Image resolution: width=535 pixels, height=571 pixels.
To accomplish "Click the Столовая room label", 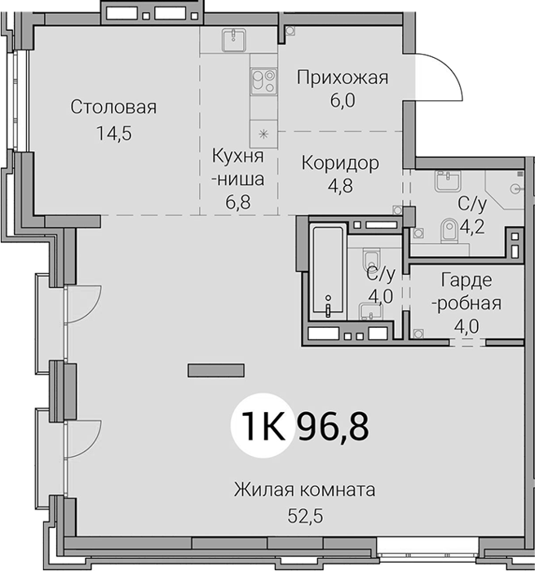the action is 113,107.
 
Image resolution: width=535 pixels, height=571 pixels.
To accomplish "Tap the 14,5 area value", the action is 114,134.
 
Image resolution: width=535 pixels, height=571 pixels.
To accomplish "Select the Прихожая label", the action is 343,78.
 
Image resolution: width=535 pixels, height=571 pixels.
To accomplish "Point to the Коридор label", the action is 340,163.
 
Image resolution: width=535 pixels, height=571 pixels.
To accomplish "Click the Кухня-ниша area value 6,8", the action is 238,202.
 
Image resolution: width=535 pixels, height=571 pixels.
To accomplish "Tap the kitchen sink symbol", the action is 233,40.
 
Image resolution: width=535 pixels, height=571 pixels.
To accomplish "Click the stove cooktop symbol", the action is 263,81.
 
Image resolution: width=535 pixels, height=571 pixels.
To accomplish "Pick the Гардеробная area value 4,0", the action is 466,326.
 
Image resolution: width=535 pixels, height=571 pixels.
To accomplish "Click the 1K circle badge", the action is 263,425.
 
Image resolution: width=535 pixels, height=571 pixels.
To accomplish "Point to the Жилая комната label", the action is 304,489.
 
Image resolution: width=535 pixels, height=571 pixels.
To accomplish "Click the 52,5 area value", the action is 305,516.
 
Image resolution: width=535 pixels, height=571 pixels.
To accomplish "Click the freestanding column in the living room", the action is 216,370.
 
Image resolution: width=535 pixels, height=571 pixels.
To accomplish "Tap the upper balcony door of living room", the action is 83,304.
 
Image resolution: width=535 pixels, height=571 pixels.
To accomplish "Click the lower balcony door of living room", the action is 83,439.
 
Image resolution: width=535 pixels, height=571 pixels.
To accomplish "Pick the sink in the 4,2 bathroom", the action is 448,181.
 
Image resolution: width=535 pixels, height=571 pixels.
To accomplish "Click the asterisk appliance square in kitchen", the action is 263,135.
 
